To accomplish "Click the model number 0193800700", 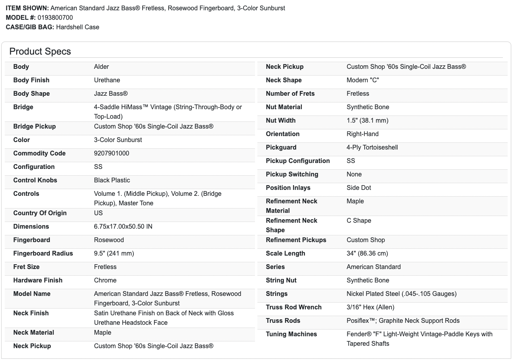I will point(55,17).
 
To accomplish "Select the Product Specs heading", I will point(40,51).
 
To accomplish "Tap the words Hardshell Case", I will point(78,27).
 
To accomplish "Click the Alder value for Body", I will point(101,67).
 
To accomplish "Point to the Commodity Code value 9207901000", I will point(111,153).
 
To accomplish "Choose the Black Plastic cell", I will point(112,180).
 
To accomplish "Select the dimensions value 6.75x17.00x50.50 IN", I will point(123,227).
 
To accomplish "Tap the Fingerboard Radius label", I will point(43,254).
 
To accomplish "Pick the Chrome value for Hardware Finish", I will point(105,280).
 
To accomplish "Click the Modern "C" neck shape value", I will point(362,80).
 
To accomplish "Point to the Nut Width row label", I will point(280,121).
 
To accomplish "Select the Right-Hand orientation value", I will point(362,134).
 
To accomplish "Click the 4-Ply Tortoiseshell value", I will point(372,148).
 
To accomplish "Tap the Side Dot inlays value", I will point(359,188).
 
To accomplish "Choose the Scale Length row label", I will point(285,254).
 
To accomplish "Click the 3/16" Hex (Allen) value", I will point(370,307).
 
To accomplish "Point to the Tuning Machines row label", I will point(291,334).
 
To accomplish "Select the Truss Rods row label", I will point(283,321).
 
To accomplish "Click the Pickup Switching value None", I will point(354,174).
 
